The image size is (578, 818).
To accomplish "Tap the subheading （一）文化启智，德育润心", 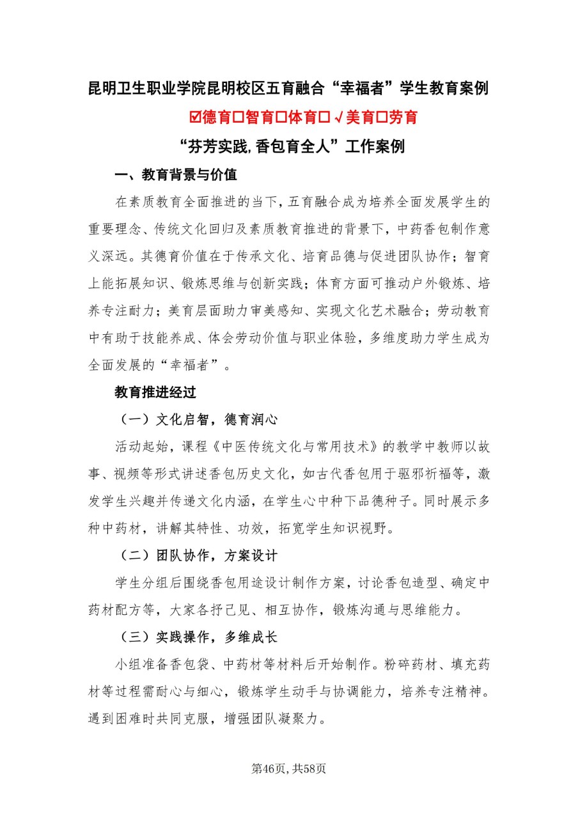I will click(x=201, y=419).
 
